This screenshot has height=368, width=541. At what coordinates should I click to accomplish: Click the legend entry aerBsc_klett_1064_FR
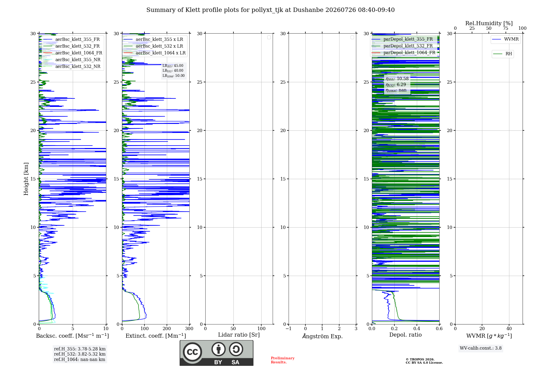tap(73, 53)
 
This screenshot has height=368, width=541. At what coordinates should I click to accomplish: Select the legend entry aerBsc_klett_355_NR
tap(72, 60)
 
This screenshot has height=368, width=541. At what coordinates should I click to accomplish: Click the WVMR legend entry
tap(506, 39)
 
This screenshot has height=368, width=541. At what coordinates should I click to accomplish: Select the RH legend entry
tap(503, 54)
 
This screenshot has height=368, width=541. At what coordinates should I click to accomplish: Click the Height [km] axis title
tap(26, 179)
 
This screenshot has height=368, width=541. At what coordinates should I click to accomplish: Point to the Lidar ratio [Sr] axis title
tap(239, 335)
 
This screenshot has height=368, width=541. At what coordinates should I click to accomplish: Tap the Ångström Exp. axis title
tap(322, 336)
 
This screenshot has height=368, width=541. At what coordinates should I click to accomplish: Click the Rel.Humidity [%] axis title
tap(489, 23)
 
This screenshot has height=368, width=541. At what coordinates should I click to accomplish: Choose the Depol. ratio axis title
tap(405, 335)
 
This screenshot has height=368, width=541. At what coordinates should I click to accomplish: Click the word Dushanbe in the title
tap(308, 10)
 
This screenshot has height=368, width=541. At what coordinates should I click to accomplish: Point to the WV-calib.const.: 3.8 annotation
tap(481, 348)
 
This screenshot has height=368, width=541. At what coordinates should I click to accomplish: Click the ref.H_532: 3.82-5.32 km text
tap(80, 354)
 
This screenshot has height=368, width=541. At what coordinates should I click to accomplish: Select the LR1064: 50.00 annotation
tap(174, 76)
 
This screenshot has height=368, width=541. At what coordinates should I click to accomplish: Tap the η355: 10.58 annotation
tap(397, 79)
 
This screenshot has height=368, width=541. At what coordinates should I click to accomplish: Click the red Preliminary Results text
tap(283, 360)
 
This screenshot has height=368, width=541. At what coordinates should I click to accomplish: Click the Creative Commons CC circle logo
tap(192, 352)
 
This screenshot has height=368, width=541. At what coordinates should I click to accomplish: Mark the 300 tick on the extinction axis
tap(189, 328)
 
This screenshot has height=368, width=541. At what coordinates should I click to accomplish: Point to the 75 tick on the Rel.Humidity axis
tap(506, 28)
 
